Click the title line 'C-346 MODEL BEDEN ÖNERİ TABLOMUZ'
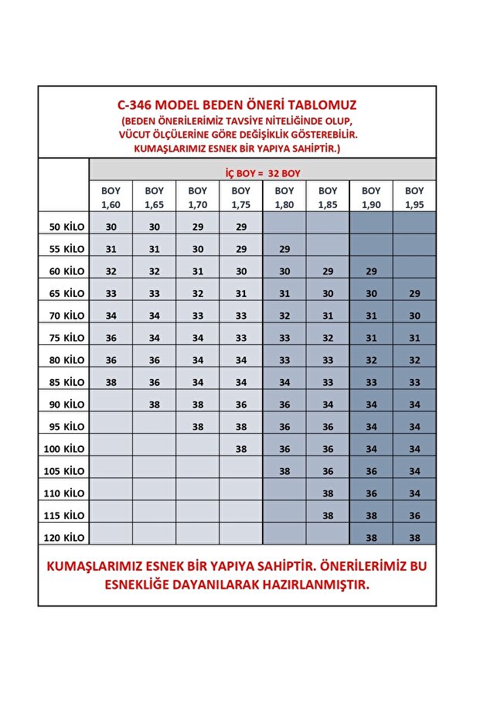coord(237,104)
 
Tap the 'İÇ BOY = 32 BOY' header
coord(263,172)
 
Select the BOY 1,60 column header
coord(111,198)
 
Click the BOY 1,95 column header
coord(414,198)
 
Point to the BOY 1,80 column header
coord(284,198)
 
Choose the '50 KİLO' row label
coord(66,227)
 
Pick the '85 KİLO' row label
coord(66,382)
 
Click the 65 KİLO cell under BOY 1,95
coord(414,294)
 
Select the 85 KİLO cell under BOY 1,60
coord(111,382)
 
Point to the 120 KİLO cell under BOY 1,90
coord(371,537)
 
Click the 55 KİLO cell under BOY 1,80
coord(284,249)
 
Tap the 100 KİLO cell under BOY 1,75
coord(241,449)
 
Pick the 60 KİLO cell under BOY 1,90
coord(371,271)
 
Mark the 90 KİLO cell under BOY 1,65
coord(155,404)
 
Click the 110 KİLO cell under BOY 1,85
coord(328,493)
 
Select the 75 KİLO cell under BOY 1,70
coord(197,338)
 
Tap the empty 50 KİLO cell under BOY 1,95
coord(414,227)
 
